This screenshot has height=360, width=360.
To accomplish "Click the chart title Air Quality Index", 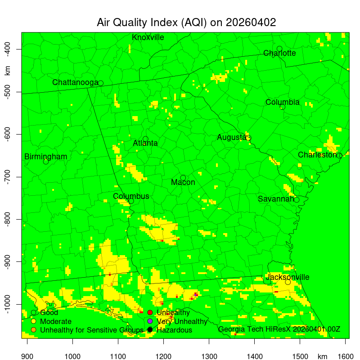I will tap(186, 23).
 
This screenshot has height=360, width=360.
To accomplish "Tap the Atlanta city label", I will tap(145, 144).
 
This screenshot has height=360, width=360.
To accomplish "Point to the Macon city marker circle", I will tap(183, 178).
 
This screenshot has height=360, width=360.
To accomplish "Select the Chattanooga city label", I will tap(75, 83).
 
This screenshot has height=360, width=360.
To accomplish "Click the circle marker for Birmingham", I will tap(46, 162).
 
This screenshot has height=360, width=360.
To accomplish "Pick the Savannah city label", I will tap(276, 199).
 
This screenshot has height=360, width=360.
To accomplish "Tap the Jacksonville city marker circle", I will tap(288, 282).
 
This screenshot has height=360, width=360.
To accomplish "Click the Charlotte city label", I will tap(279, 53).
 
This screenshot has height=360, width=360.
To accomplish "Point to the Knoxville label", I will tap(148, 37).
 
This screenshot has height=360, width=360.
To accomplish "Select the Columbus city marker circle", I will tap(131, 201).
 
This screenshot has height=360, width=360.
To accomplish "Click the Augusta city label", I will tap(231, 137).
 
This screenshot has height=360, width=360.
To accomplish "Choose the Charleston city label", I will tap(317, 155).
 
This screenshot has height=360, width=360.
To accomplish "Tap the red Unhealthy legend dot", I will tap(150, 312).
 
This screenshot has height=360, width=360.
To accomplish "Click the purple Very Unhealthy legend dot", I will tap(150, 321).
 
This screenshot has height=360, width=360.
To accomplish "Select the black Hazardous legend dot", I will tap(150, 330).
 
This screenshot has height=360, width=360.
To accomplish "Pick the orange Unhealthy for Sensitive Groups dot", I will tap(33, 330).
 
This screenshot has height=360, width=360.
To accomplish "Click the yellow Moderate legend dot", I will tap(33, 321).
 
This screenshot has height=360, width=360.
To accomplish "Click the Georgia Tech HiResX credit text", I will tap(279, 329).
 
